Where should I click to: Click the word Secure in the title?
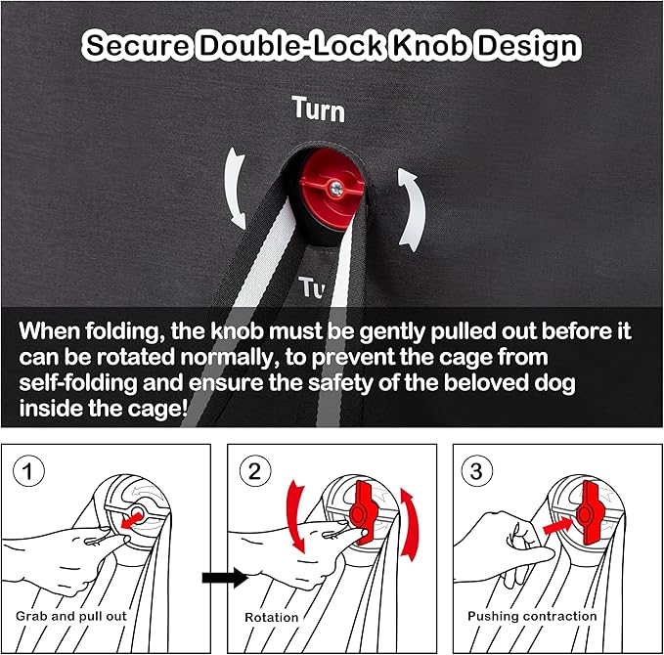pos(137,45)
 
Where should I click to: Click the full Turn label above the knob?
pos(319,109)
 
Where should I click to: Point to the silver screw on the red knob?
pos(336,186)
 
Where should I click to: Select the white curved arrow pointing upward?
pos(411,209)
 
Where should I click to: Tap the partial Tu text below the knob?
pos(312,287)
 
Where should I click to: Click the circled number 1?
pos(28,471)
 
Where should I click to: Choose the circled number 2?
pos(255,471)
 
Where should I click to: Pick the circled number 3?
pos(476,471)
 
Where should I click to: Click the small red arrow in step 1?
pos(131,520)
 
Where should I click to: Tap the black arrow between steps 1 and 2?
pos(225,578)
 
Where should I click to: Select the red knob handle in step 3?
pos(589,512)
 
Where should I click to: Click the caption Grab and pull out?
pos(71,616)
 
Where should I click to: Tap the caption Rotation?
pos(272,617)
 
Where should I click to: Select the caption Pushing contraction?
pos(532,616)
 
